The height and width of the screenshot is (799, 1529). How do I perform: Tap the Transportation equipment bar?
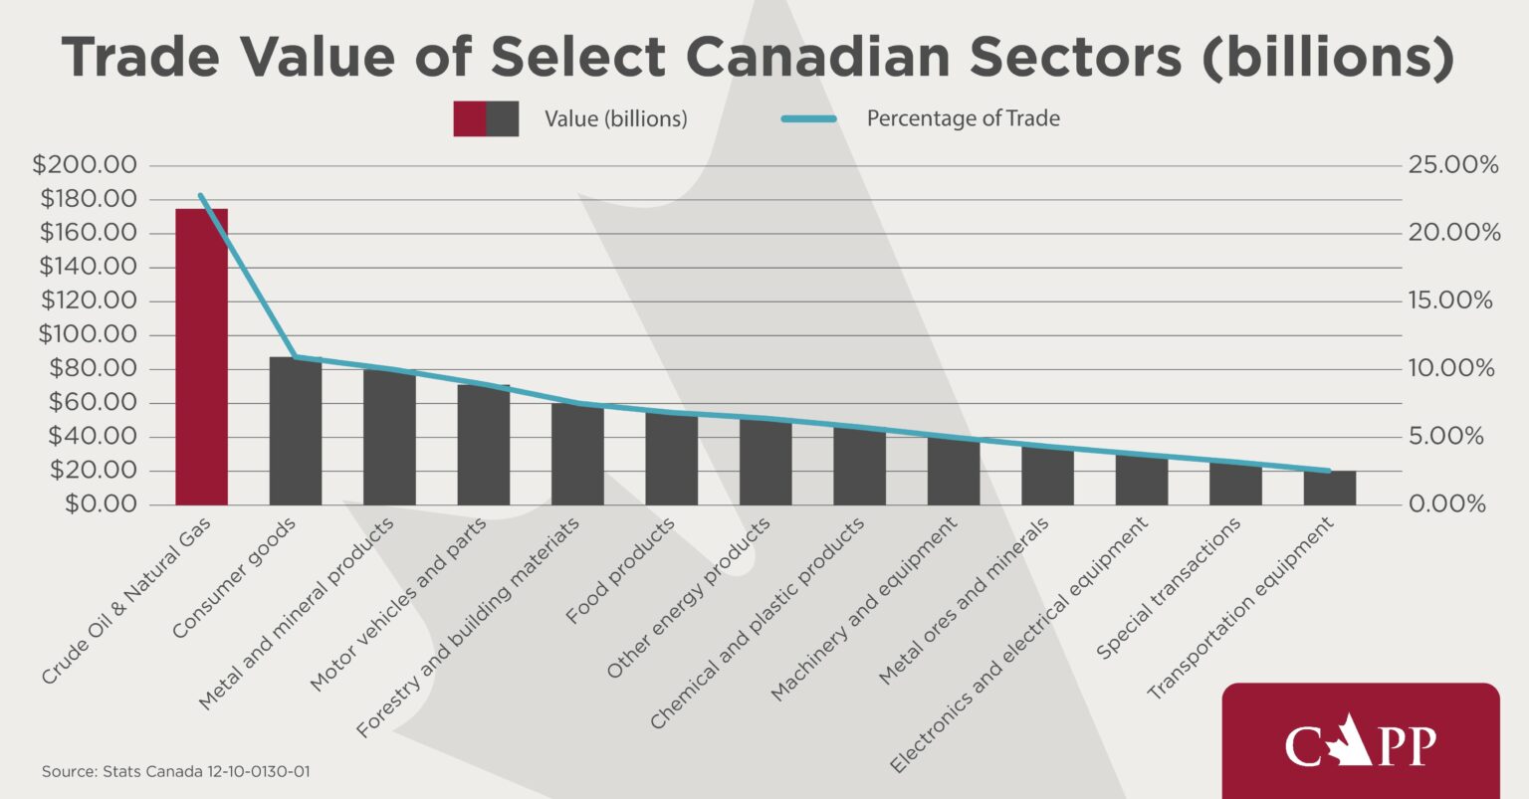[x=1329, y=488]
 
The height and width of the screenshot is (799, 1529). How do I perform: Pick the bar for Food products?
[x=671, y=459]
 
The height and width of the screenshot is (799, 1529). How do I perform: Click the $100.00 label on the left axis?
[x=87, y=334]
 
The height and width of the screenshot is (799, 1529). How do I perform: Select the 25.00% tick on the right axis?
[x=1452, y=165]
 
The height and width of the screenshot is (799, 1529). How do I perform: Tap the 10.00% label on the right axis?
[x=1452, y=368]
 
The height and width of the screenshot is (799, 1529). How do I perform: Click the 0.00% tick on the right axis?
[x=1446, y=504]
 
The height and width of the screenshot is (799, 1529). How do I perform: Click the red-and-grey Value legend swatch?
[x=486, y=118]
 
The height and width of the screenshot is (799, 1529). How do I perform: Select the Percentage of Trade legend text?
[x=963, y=118]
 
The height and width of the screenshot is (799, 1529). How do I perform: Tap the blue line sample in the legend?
[x=808, y=118]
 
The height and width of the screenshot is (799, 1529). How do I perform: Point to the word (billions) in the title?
[x=1328, y=58]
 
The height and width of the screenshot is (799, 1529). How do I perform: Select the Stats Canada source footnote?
[x=175, y=772]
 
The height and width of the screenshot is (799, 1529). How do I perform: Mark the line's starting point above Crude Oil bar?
[x=201, y=195]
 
